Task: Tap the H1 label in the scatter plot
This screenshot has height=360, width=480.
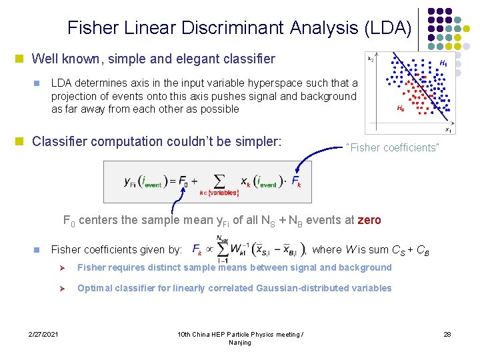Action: (x=443, y=63)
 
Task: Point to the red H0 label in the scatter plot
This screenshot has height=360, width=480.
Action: (x=400, y=108)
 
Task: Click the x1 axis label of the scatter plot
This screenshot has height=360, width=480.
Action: (x=449, y=130)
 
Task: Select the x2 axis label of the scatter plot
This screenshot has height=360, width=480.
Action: (x=371, y=59)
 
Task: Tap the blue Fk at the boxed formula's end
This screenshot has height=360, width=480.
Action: (x=296, y=181)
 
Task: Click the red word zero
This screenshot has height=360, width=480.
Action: (x=369, y=221)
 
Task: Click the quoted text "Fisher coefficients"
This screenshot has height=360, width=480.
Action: (x=393, y=147)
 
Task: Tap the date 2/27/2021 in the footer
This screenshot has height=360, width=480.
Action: (x=43, y=333)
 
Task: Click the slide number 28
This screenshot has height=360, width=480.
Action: (x=447, y=333)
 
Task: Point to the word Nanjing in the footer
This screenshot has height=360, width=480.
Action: (x=240, y=342)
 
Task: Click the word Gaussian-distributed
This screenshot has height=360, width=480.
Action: (x=296, y=288)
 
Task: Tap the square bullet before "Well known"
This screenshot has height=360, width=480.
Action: (x=22, y=59)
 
